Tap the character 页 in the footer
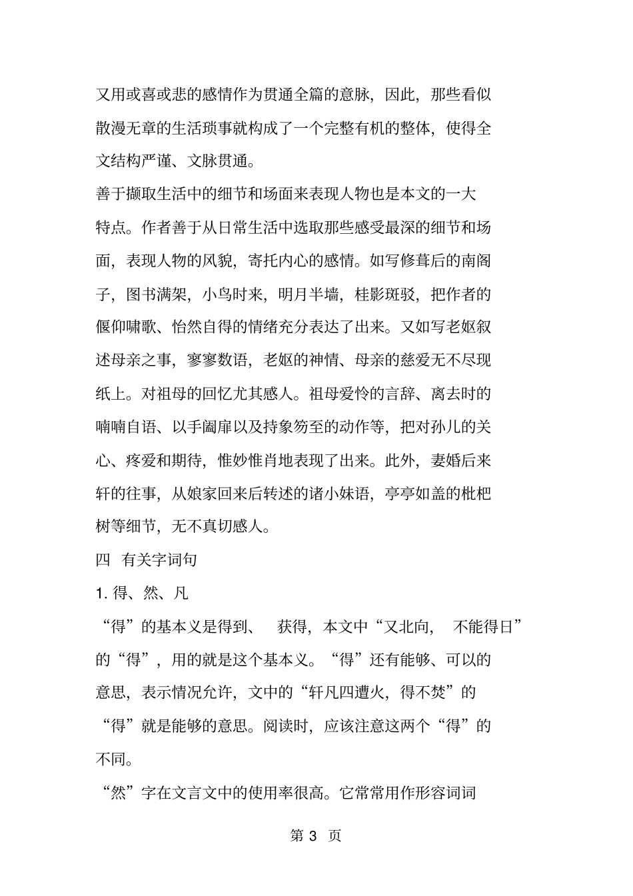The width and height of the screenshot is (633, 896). (334, 836)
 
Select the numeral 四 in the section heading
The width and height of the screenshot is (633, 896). (103, 560)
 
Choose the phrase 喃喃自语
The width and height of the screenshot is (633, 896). (127, 427)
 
